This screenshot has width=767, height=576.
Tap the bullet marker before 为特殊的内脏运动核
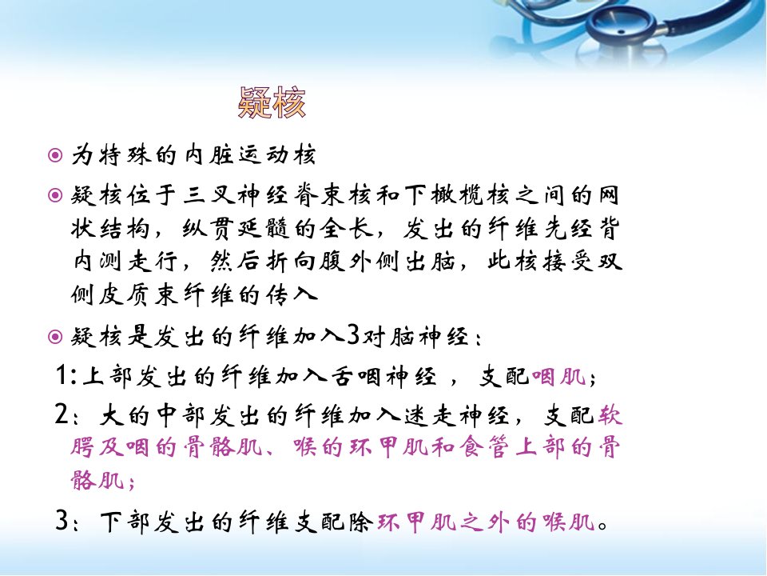(55, 155)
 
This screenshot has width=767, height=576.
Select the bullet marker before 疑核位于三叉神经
(55, 195)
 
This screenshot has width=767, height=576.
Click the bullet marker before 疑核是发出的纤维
(55, 337)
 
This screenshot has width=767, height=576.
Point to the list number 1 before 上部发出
(62, 375)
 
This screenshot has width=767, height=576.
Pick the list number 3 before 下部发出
(62, 520)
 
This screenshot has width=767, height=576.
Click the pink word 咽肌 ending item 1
(558, 376)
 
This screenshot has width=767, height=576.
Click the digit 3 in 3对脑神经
(352, 336)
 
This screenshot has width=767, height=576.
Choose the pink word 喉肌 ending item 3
(568, 522)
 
